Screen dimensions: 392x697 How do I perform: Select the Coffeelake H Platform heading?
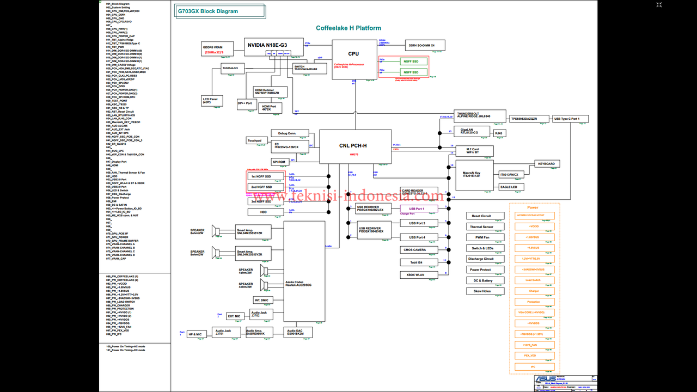(x=348, y=28)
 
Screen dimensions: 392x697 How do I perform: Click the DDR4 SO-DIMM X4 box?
(x=425, y=45)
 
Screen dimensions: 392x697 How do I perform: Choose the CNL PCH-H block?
(x=355, y=146)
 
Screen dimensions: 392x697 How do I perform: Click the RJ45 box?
(x=499, y=132)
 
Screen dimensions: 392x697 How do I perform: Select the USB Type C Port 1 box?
(x=570, y=119)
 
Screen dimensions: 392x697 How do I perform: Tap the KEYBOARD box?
(x=546, y=163)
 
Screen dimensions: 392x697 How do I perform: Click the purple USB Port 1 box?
(x=419, y=209)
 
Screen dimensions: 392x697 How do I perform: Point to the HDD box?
(x=264, y=212)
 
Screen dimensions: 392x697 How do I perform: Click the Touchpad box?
(x=254, y=140)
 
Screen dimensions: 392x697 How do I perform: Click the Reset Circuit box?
(x=481, y=216)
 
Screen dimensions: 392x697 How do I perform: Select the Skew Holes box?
(x=482, y=291)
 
